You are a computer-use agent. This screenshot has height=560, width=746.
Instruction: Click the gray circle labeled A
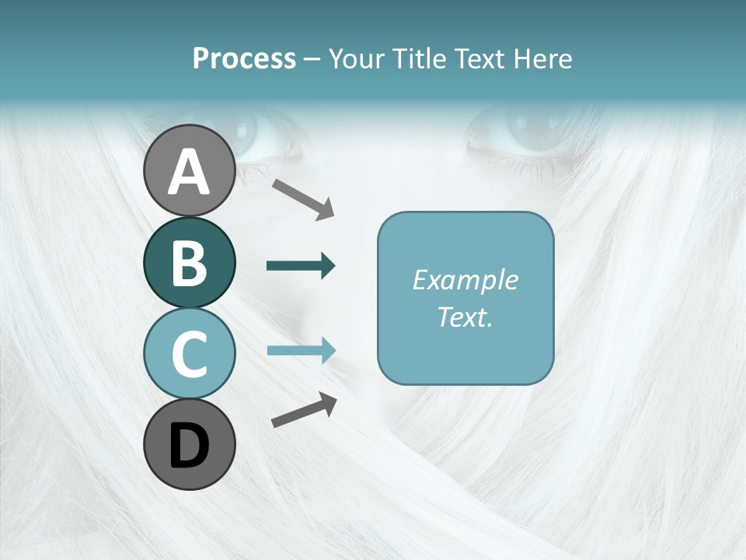(x=190, y=170)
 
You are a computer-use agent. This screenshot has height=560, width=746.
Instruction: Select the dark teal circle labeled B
(x=190, y=262)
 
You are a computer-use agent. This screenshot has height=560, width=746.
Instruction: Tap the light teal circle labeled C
(x=190, y=353)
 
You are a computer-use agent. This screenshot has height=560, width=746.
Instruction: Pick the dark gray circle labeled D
(x=190, y=444)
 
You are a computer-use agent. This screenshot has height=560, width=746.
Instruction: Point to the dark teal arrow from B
(x=301, y=266)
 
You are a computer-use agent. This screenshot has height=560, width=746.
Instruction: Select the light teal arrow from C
(x=301, y=350)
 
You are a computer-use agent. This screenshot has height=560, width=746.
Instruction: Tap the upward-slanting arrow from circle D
(x=304, y=411)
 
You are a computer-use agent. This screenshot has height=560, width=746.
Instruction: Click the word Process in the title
(x=244, y=58)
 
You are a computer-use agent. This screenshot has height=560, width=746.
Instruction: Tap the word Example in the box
(x=465, y=280)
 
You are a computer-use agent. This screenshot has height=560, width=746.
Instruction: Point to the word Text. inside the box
(x=465, y=317)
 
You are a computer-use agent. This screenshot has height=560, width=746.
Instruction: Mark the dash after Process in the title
(x=312, y=59)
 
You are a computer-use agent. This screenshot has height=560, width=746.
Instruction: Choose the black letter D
(x=190, y=446)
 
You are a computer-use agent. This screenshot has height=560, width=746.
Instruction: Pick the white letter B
(x=190, y=263)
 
